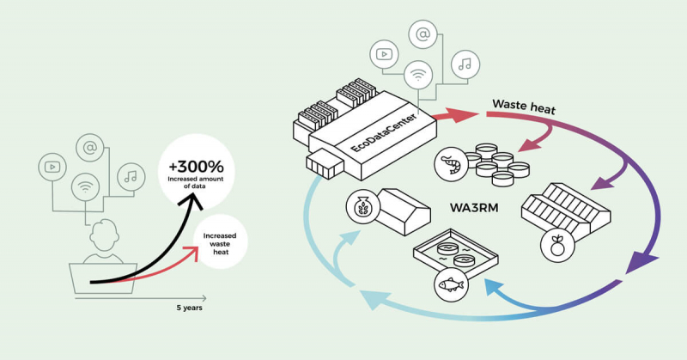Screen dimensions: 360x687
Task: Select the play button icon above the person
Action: [x=52, y=165]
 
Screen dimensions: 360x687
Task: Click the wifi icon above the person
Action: [x=85, y=184]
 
